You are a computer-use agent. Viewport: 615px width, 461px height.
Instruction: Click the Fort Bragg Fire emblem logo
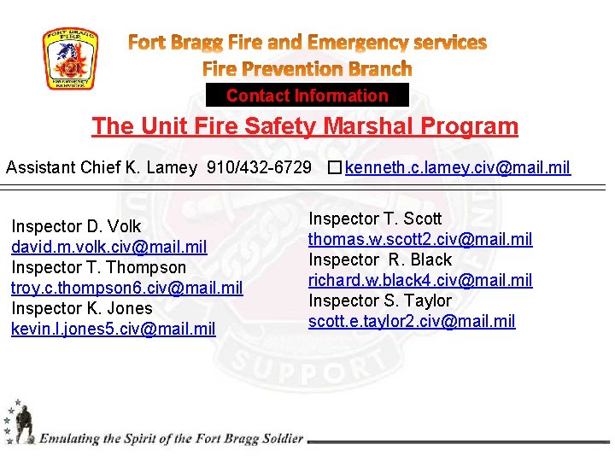(71, 59)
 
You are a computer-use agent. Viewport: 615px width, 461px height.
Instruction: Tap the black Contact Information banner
(307, 96)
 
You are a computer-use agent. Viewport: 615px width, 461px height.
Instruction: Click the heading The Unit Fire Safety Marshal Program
(305, 126)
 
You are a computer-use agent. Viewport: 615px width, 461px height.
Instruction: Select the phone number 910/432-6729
(259, 167)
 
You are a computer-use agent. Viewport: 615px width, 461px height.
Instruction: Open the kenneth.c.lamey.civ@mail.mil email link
(458, 167)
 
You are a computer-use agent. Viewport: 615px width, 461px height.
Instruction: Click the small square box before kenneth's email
(333, 167)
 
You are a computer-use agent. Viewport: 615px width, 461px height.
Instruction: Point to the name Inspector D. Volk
(76, 226)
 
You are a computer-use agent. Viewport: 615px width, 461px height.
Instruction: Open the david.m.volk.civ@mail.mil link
(109, 247)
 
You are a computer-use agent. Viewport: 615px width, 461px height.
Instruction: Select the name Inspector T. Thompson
(98, 267)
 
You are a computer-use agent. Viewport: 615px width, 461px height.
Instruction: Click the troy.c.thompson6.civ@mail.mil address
(127, 288)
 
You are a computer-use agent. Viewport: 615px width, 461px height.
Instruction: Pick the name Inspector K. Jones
(82, 308)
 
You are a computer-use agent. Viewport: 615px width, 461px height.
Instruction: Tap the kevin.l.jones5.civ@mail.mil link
(114, 329)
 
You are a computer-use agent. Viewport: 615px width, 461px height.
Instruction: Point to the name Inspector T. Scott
(375, 219)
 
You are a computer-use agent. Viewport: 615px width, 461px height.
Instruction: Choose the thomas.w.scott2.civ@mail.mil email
(420, 239)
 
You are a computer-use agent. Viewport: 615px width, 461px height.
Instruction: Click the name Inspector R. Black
(380, 260)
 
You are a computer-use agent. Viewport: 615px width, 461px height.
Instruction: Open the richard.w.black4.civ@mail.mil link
(420, 280)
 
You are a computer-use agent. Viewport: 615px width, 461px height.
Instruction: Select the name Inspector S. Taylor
(380, 301)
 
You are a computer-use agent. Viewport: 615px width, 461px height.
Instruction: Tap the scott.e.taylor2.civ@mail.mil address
(412, 321)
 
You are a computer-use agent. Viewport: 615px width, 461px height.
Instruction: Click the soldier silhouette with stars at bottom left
(19, 422)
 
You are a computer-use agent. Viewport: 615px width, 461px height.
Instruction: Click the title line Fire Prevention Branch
(307, 68)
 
